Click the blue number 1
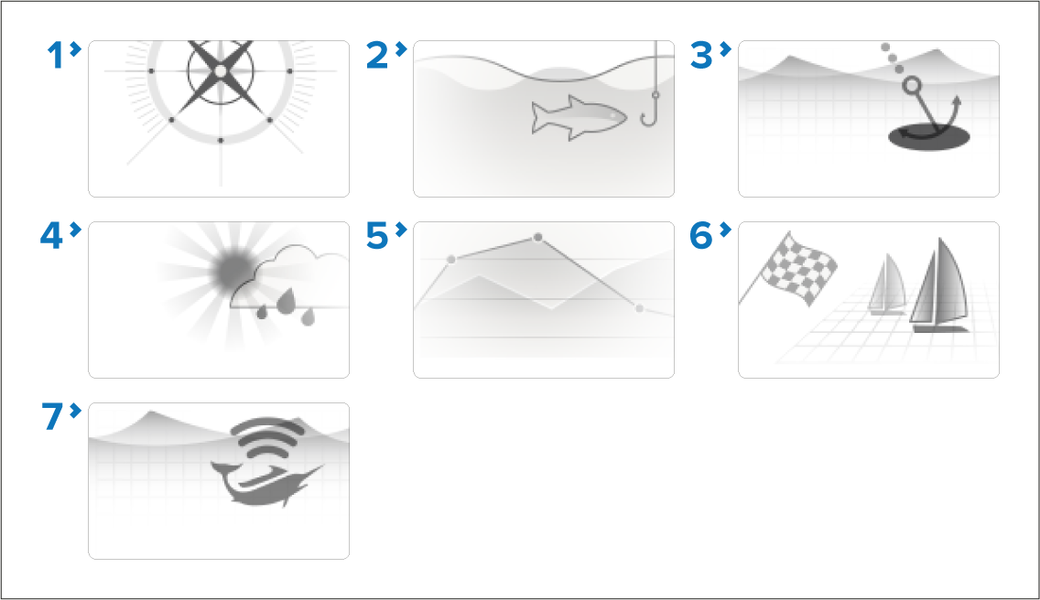[54, 55]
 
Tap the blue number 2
[377, 55]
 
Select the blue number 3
[701, 55]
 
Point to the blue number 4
[52, 236]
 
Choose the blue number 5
[377, 236]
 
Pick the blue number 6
[701, 236]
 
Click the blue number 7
[52, 417]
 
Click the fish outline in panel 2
[579, 117]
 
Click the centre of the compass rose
[221, 71]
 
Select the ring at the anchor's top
[913, 86]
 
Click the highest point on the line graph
[538, 238]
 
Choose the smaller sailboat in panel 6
[887, 284]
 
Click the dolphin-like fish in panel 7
[266, 484]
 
